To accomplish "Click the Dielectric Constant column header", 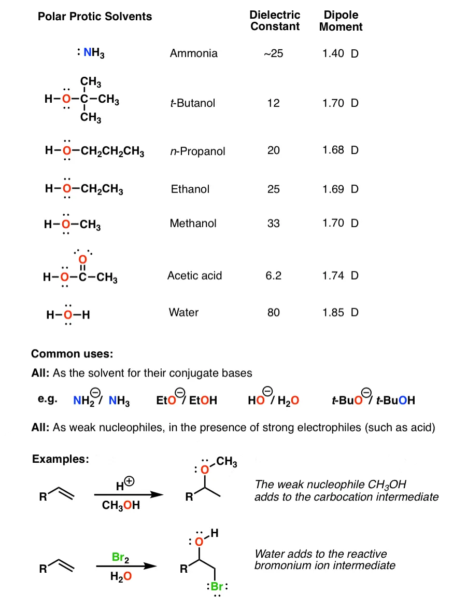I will (x=275, y=20).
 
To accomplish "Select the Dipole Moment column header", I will (x=341, y=20).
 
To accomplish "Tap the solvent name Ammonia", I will (x=194, y=53).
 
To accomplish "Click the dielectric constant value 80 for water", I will (x=274, y=312).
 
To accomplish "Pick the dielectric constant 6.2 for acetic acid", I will (x=273, y=275).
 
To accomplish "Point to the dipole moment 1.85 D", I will (x=340, y=312).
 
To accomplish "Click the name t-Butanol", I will (x=192, y=103).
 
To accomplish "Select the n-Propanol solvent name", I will (x=195, y=151).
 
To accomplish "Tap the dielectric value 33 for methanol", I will (x=274, y=224).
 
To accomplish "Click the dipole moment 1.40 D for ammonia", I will (x=340, y=53).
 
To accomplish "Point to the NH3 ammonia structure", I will (x=92, y=53).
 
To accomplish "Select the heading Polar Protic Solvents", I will (x=95, y=17).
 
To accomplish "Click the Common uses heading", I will (x=72, y=354).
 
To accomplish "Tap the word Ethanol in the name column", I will (x=190, y=189).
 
